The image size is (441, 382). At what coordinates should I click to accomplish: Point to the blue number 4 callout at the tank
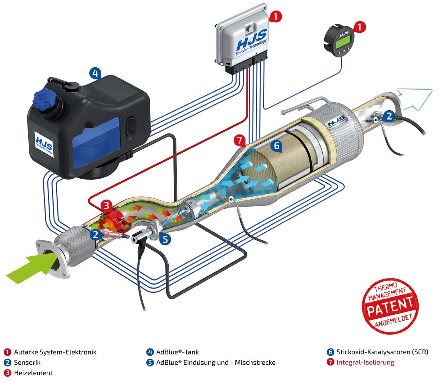(x=94, y=74)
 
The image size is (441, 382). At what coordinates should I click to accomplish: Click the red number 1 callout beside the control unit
(x=276, y=16)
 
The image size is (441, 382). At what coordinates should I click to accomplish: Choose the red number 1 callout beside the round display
(x=360, y=26)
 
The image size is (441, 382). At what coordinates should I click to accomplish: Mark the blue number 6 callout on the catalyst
(x=277, y=146)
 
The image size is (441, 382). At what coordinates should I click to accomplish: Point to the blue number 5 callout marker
(x=165, y=239)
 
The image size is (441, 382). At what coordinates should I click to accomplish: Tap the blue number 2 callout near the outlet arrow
(x=389, y=116)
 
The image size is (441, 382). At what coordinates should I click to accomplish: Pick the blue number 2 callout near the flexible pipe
(x=95, y=234)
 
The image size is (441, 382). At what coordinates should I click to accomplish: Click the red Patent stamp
(x=391, y=306)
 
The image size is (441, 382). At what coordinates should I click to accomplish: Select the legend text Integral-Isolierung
(x=365, y=362)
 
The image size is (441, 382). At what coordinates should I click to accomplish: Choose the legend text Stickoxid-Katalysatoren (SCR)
(x=383, y=352)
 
